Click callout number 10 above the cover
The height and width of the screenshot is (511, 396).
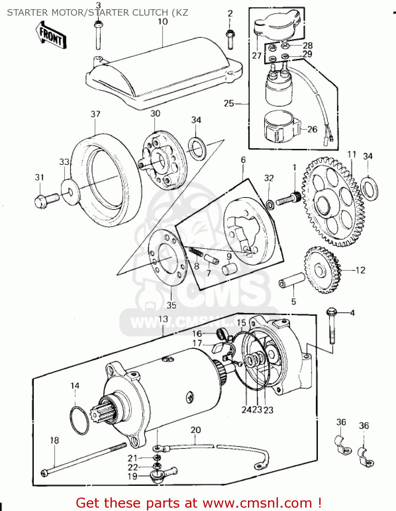[163, 21]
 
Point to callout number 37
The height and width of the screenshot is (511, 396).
[96, 114]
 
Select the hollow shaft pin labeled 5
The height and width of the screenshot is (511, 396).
[292, 280]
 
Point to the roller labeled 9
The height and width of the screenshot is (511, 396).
[230, 269]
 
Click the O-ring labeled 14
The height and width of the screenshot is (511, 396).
[79, 420]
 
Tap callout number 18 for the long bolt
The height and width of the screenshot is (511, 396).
[55, 440]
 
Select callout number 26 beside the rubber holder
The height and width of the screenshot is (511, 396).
[312, 129]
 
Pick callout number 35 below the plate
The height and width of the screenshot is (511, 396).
[172, 305]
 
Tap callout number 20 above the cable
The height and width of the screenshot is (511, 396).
[195, 430]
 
